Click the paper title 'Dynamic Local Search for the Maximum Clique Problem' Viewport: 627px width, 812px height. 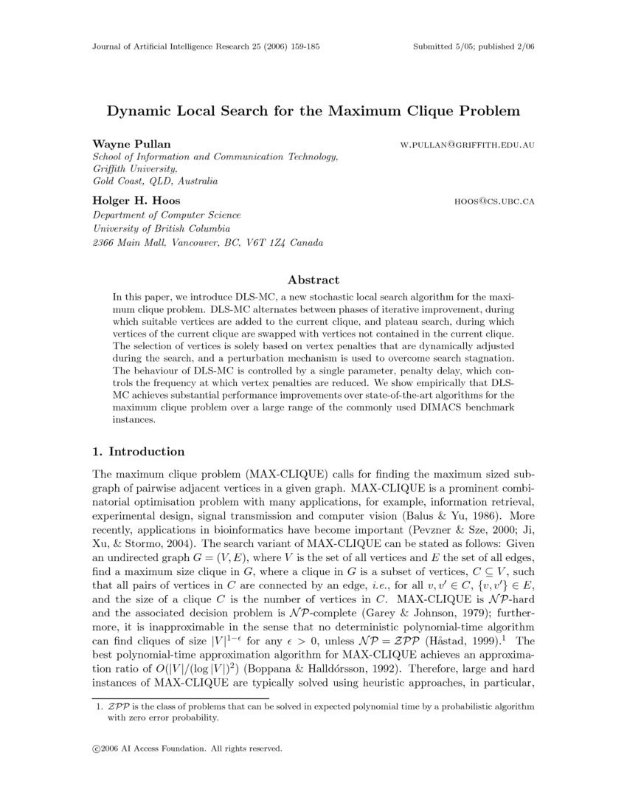tap(313, 111)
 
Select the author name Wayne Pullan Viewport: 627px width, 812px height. tap(120, 143)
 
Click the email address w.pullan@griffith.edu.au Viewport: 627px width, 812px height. tap(467, 145)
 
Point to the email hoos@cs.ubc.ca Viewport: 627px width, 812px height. tap(494, 201)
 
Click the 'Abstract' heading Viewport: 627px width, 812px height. tap(313, 280)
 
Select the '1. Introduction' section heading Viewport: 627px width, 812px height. tap(138, 452)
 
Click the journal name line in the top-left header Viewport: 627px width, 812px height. tap(205, 46)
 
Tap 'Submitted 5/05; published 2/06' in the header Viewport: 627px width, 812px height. tap(475, 46)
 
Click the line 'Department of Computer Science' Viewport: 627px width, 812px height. tap(166, 216)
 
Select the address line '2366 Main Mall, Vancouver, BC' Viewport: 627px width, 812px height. tap(207, 242)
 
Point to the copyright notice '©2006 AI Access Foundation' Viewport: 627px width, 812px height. tap(187, 748)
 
